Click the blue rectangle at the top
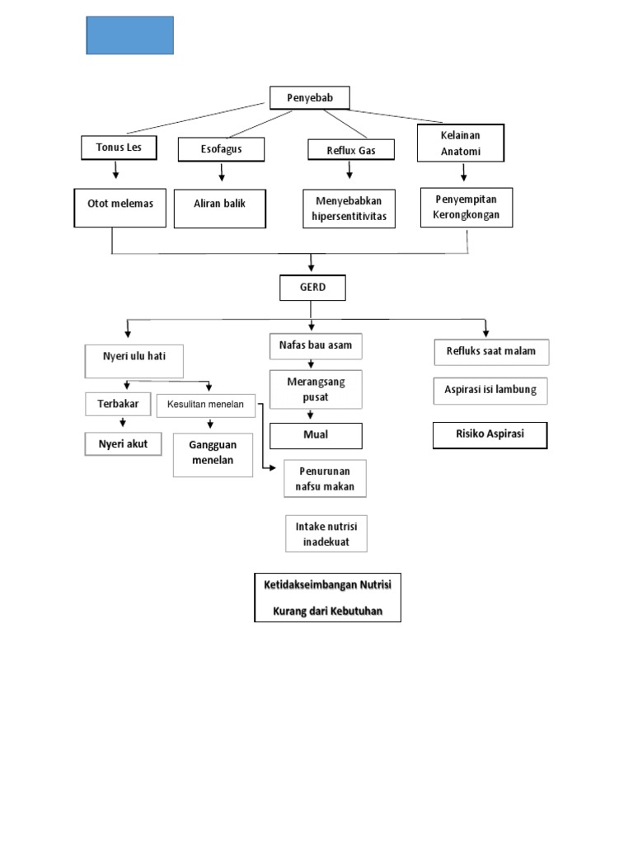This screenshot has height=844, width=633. pos(129,35)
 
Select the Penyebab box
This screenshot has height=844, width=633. pos(309,98)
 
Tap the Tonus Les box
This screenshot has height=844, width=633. pos(118,148)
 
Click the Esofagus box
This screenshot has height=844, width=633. pos(221,149)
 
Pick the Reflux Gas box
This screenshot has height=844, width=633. pos(351,149)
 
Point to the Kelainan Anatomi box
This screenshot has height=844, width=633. pos(460,143)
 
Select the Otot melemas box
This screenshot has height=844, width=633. pos(120,204)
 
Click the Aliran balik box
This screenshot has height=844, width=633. pos(220,204)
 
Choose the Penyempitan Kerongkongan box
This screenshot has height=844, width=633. pos(467,208)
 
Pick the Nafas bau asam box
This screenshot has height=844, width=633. pos(316,345)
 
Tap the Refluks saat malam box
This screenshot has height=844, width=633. pos(491,352)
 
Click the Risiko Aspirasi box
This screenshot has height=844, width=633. pos(490,434)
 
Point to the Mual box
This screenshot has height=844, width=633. pos(316,436)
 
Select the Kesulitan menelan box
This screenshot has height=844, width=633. pos(206,405)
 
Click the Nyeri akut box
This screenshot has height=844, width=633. pos(124,443)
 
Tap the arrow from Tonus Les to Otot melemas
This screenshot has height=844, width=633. pos(116,170)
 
